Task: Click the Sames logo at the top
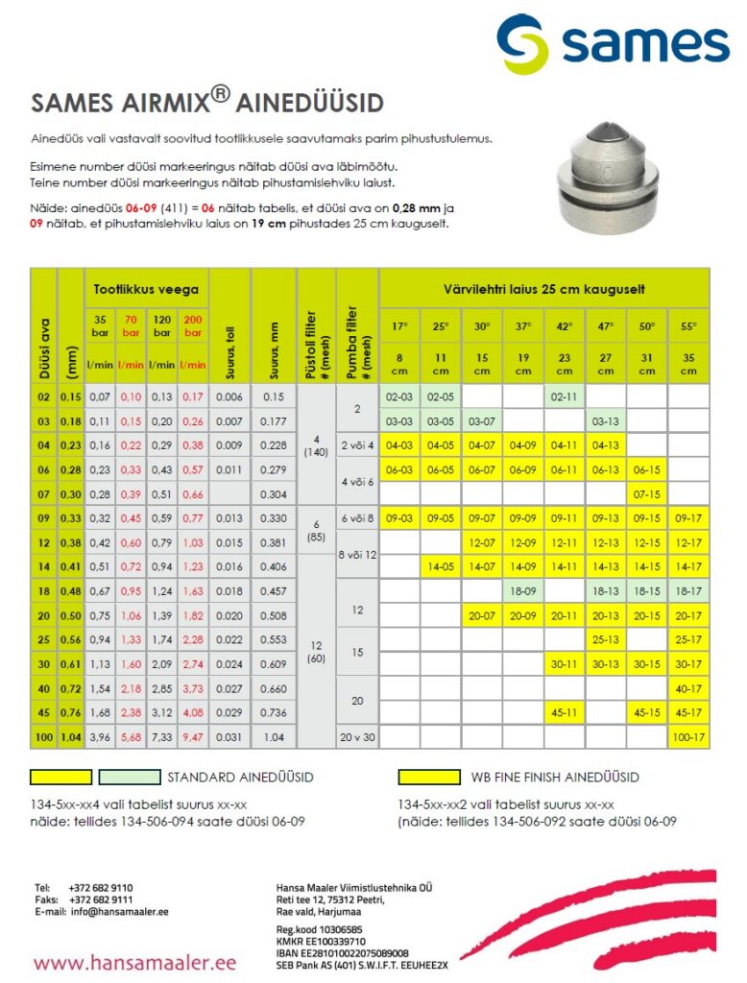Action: (x=613, y=43)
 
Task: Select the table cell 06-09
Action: (x=521, y=470)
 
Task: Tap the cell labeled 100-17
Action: (x=688, y=737)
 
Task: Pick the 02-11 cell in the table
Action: (x=564, y=396)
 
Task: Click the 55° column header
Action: (x=688, y=326)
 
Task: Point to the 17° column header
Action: (x=398, y=326)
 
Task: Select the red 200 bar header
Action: (x=193, y=325)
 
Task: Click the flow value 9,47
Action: (x=193, y=737)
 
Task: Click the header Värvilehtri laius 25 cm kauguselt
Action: (x=543, y=288)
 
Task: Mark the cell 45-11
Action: (x=564, y=712)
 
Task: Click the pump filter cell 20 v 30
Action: (x=357, y=737)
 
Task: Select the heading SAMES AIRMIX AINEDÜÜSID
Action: (x=208, y=103)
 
